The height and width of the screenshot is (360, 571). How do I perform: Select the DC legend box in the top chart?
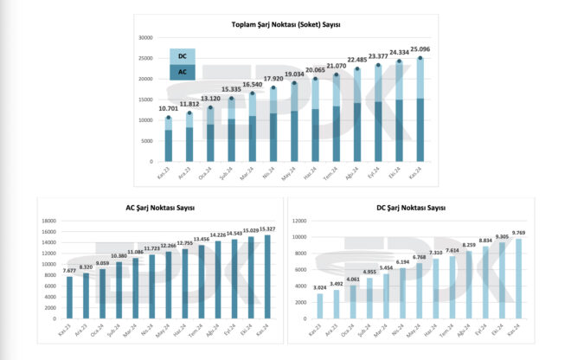tap(182, 56)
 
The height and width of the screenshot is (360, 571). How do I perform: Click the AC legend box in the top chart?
tap(182, 74)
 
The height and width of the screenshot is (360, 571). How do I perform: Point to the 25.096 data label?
tap(420, 48)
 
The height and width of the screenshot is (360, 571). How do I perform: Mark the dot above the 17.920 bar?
tap(273, 87)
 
